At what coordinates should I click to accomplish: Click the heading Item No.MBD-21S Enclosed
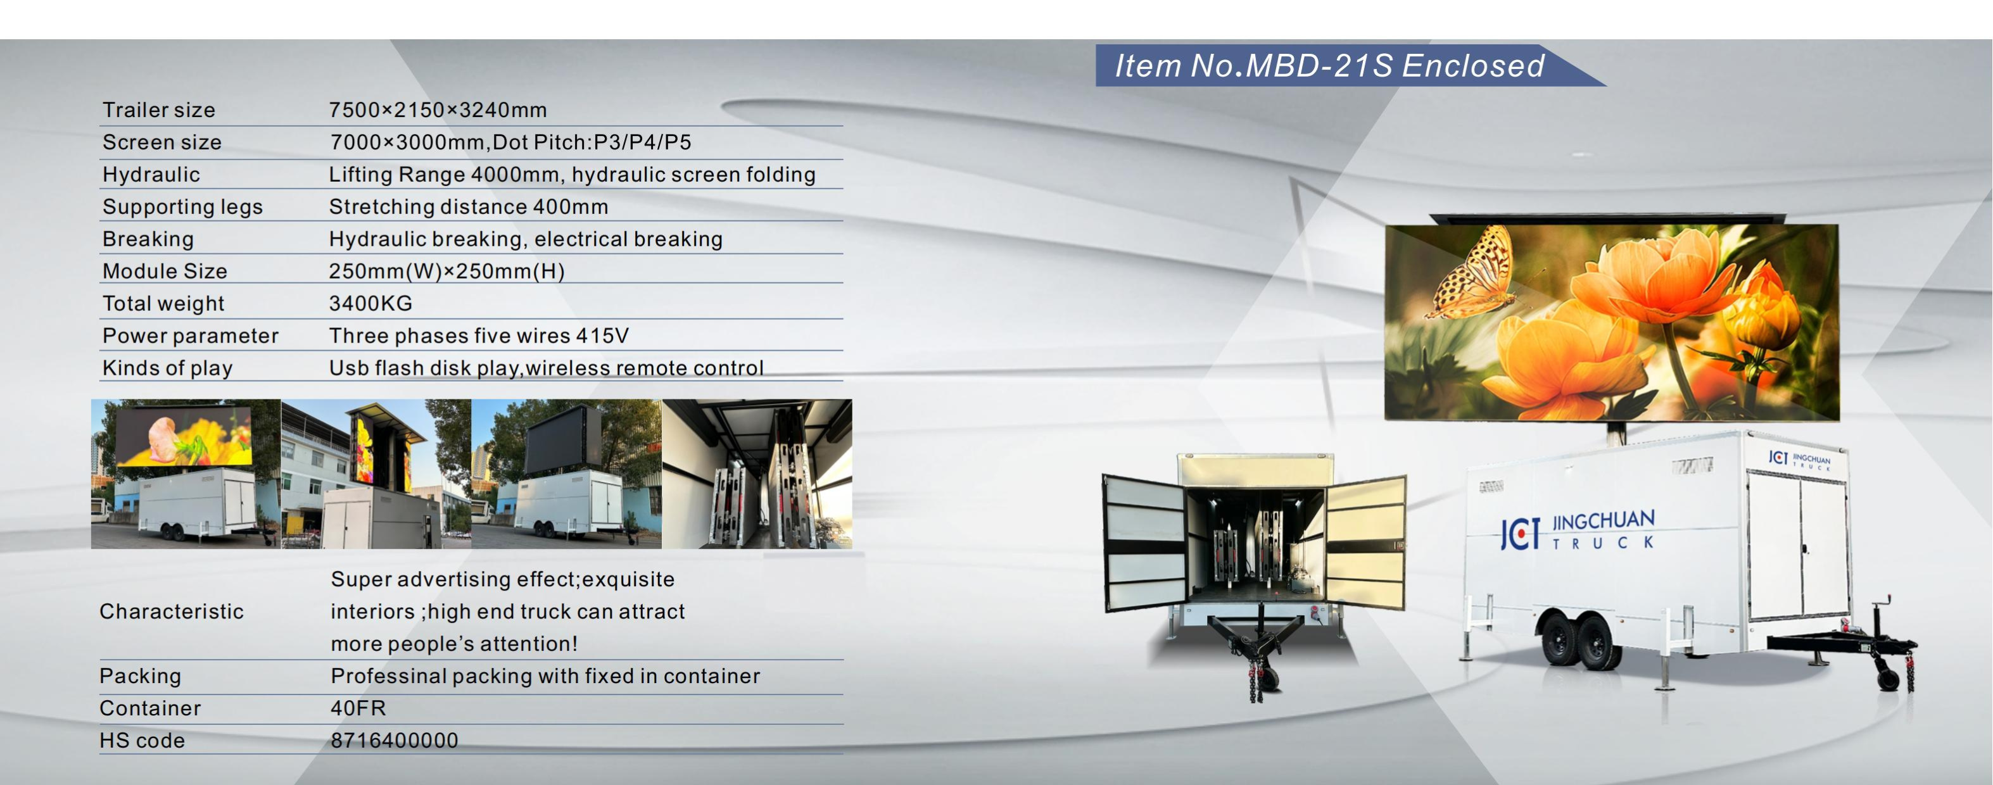1329,66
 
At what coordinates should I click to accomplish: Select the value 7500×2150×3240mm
438,110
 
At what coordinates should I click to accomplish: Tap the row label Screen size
161,142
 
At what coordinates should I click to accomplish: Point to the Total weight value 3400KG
370,303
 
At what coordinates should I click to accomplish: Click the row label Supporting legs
182,206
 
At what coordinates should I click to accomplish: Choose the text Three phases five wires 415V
479,336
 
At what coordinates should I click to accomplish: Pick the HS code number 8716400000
395,740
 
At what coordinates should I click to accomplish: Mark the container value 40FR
358,708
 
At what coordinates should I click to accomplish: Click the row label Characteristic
172,611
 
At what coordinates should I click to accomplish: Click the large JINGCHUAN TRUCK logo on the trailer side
1578,531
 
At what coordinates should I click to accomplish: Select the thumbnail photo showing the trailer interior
757,474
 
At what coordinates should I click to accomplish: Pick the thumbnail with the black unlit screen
566,474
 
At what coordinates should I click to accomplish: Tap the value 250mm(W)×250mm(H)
446,272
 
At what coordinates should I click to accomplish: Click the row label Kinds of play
167,368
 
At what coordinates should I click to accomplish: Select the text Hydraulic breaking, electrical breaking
526,239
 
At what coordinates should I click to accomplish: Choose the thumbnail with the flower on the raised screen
186,474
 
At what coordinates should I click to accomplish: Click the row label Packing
140,676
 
